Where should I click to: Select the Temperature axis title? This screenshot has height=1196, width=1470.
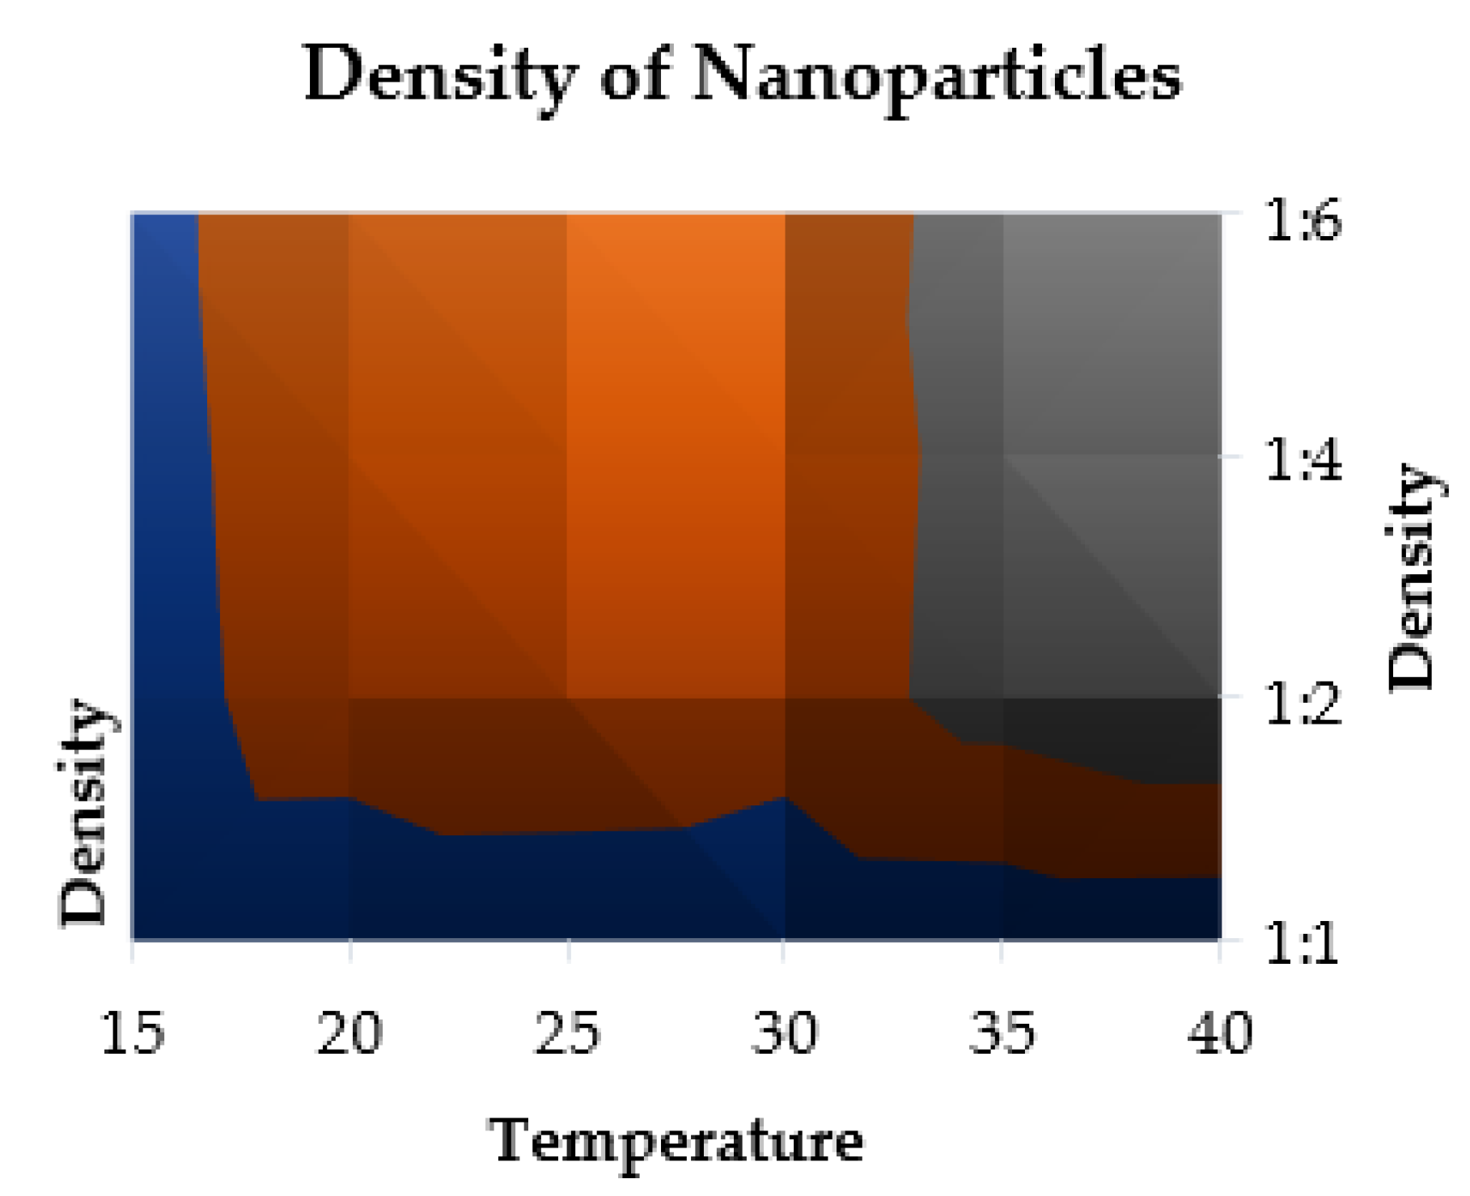[x=676, y=1142]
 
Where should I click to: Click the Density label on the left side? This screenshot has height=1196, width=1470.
[x=83, y=812]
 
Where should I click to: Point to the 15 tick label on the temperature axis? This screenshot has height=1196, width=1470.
[x=133, y=1033]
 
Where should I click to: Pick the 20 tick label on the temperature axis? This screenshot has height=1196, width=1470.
[x=349, y=1033]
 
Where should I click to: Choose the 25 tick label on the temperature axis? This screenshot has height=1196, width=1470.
[x=567, y=1033]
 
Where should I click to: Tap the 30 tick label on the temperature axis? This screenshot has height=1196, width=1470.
[x=784, y=1033]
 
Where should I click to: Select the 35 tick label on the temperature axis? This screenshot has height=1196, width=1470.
[x=1002, y=1033]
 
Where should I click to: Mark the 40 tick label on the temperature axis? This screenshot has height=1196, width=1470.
[x=1220, y=1033]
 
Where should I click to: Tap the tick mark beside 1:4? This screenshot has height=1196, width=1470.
[x=1231, y=455]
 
